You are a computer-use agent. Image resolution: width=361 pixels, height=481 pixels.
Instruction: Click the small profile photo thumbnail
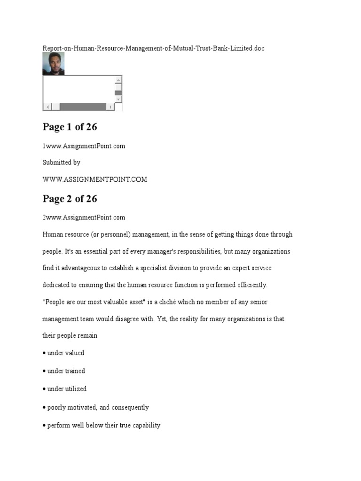53,63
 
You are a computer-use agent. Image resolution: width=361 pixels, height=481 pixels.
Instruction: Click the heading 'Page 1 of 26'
70,127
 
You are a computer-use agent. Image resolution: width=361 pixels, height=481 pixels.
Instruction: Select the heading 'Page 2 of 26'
70,199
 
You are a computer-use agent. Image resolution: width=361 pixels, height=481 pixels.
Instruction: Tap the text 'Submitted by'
61,163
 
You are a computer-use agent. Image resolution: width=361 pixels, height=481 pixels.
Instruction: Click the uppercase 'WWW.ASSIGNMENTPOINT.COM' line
94,179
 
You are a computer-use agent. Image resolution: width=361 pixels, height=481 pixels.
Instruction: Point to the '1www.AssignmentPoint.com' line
84,146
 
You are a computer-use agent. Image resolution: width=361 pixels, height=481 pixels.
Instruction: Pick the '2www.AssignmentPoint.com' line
84,217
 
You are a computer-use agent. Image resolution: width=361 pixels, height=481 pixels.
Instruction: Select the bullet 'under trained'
66,371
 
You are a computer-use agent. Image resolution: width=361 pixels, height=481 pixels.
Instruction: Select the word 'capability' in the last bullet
144,426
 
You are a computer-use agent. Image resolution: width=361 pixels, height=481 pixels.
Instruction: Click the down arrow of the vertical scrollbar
118,99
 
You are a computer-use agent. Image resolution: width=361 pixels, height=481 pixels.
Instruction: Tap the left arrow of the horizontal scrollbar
47,107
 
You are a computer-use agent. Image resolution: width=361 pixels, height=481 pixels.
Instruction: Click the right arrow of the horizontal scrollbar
110,107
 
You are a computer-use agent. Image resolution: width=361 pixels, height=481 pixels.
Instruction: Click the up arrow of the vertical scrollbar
118,80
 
